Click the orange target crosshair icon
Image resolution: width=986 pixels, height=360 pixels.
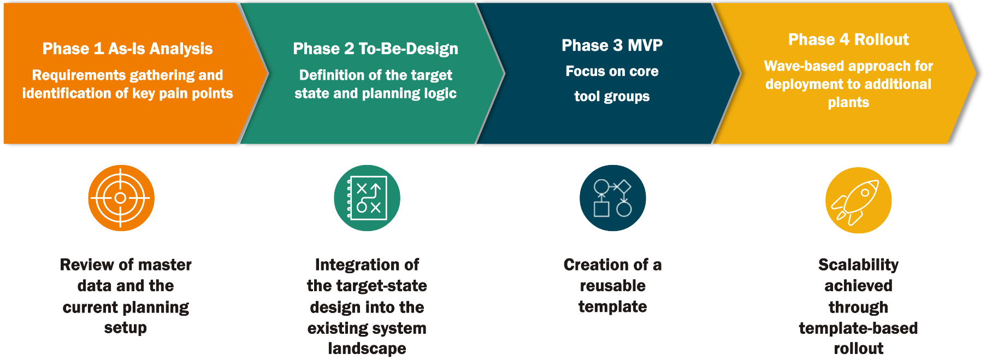[121, 198]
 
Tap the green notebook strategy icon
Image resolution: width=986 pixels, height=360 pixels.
[367, 198]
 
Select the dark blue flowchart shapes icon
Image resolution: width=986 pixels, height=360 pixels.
[612, 198]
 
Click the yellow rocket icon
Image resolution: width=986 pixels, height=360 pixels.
[858, 200]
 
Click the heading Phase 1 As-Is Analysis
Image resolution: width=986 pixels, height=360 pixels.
[127, 49]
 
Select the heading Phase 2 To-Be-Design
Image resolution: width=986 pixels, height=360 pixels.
[375, 49]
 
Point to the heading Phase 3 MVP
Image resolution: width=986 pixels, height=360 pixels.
[612, 45]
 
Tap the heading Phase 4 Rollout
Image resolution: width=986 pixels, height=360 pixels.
[848, 39]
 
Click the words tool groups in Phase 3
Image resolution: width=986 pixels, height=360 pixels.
[612, 97]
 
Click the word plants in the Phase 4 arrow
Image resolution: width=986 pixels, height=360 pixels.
[848, 103]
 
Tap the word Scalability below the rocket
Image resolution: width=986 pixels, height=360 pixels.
[858, 265]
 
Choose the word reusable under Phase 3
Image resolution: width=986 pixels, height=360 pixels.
[612, 286]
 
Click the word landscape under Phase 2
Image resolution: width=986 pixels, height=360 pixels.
[367, 349]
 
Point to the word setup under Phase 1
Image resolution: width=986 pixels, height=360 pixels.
[126, 328]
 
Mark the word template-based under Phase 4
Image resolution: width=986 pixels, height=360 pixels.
[858, 328]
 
